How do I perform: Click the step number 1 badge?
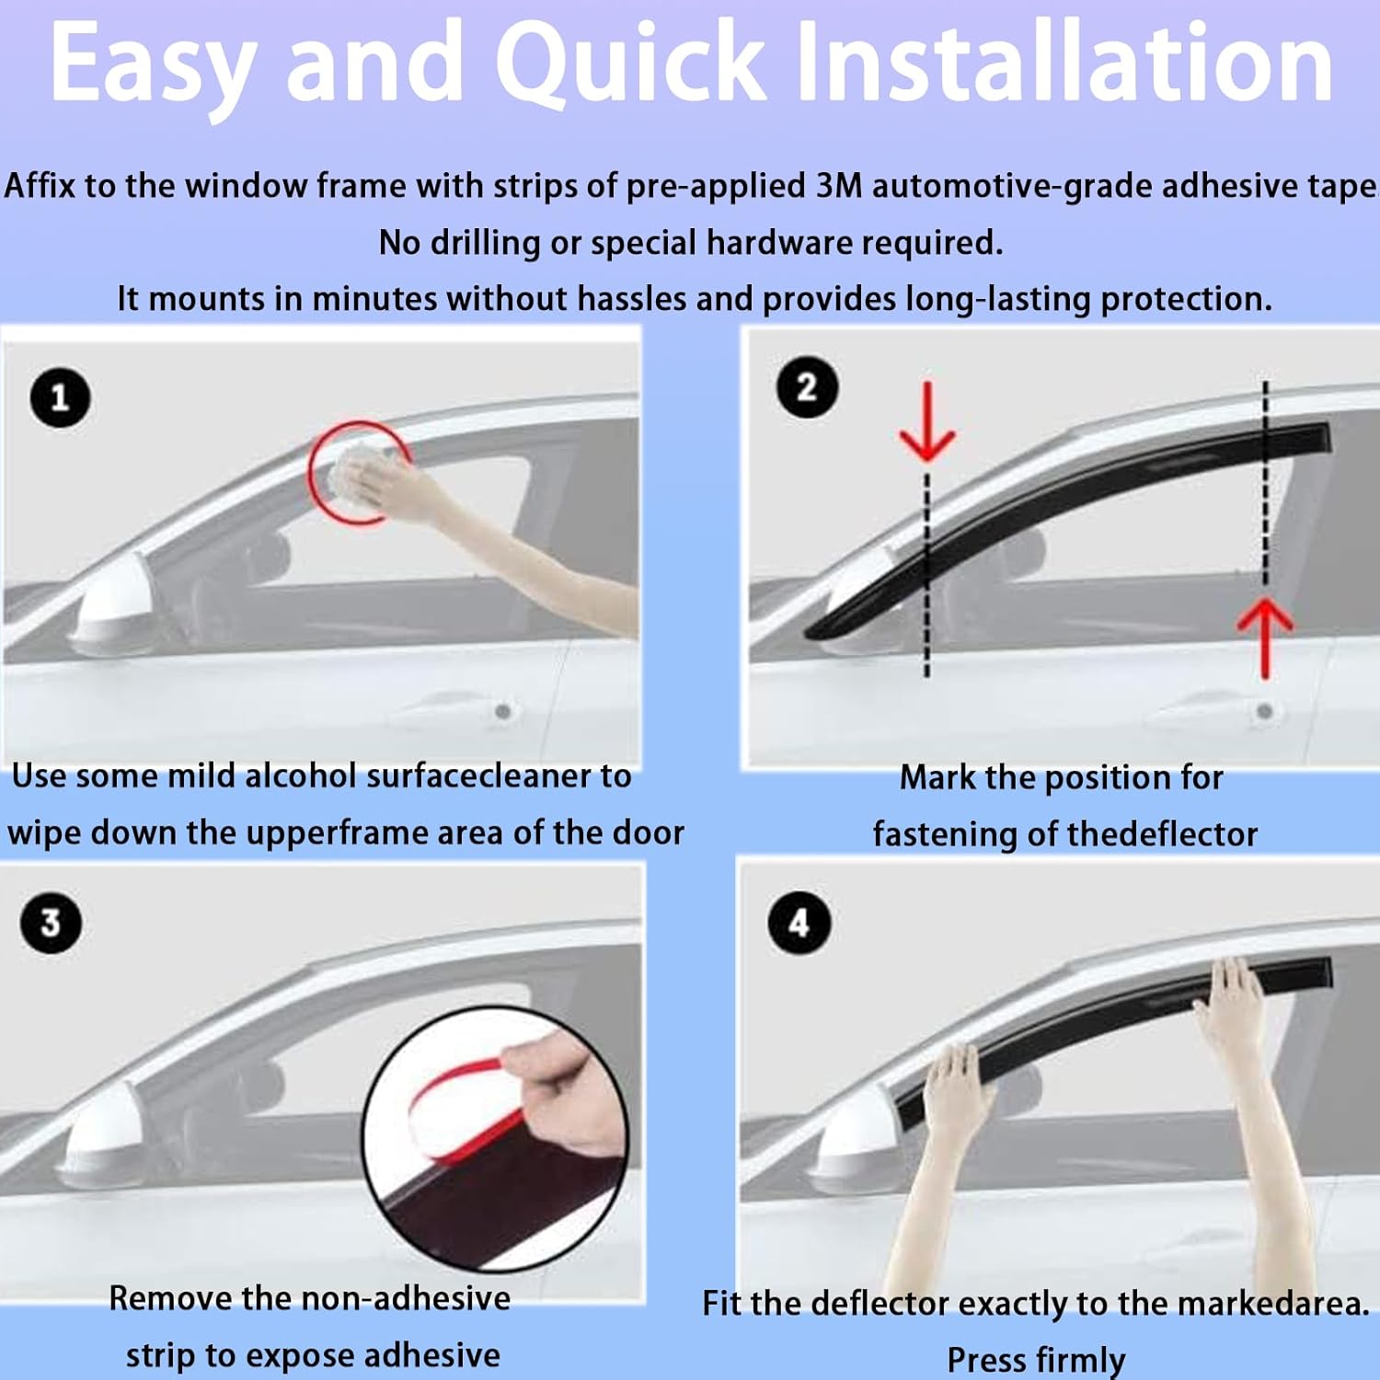point(60,397)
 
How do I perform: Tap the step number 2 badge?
point(807,387)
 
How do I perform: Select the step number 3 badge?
point(51,923)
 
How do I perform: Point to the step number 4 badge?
point(799,923)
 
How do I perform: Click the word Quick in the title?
point(630,63)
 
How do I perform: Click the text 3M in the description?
point(838,186)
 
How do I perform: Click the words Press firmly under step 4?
point(1036,1359)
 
